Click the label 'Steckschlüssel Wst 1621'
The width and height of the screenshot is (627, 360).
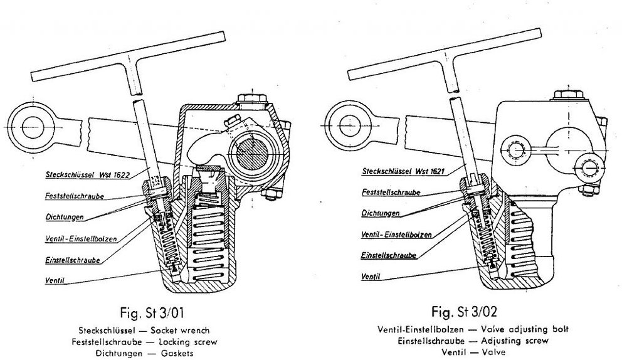pos(403,171)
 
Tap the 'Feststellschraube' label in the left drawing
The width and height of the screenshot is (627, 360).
pos(75,196)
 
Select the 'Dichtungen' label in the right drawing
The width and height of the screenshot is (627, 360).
pos(381,213)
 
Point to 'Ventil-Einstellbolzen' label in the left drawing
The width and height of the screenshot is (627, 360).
pos(81,239)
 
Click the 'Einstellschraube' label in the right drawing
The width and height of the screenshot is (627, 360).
pos(388,255)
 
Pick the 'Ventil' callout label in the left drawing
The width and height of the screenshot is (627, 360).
pos(55,280)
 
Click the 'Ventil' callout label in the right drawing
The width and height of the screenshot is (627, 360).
pos(371,277)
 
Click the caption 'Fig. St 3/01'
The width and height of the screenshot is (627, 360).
pos(152,312)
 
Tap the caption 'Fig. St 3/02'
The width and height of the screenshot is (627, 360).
pos(464,311)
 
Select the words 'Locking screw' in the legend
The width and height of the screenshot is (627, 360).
pos(188,342)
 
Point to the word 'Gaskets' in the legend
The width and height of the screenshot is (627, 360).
pos(177,354)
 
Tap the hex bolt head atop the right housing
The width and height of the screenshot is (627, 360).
pos(569,95)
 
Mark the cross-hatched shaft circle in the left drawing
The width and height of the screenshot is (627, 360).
pos(252,152)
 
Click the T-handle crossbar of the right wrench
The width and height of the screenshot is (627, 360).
pos(445,54)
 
